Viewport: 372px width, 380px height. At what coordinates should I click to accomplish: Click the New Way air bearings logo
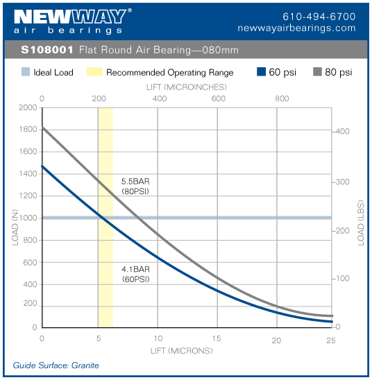pos(69,21)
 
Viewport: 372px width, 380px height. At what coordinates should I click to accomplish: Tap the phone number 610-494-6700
pos(319,16)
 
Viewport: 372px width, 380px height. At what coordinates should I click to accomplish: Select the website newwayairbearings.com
pos(296,28)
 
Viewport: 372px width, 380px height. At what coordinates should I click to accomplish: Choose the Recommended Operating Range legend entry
pos(161,72)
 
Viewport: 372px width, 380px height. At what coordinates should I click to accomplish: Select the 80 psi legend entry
pos(332,72)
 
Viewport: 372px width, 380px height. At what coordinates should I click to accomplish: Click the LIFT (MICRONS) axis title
pos(181,350)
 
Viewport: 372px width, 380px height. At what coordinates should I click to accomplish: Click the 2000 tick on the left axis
pos(28,108)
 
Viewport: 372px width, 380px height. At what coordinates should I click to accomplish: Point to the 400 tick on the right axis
pos(342,132)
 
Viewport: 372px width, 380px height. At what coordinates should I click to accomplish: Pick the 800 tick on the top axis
pos(282,99)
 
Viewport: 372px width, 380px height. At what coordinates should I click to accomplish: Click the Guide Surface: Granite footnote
pos(56,365)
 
